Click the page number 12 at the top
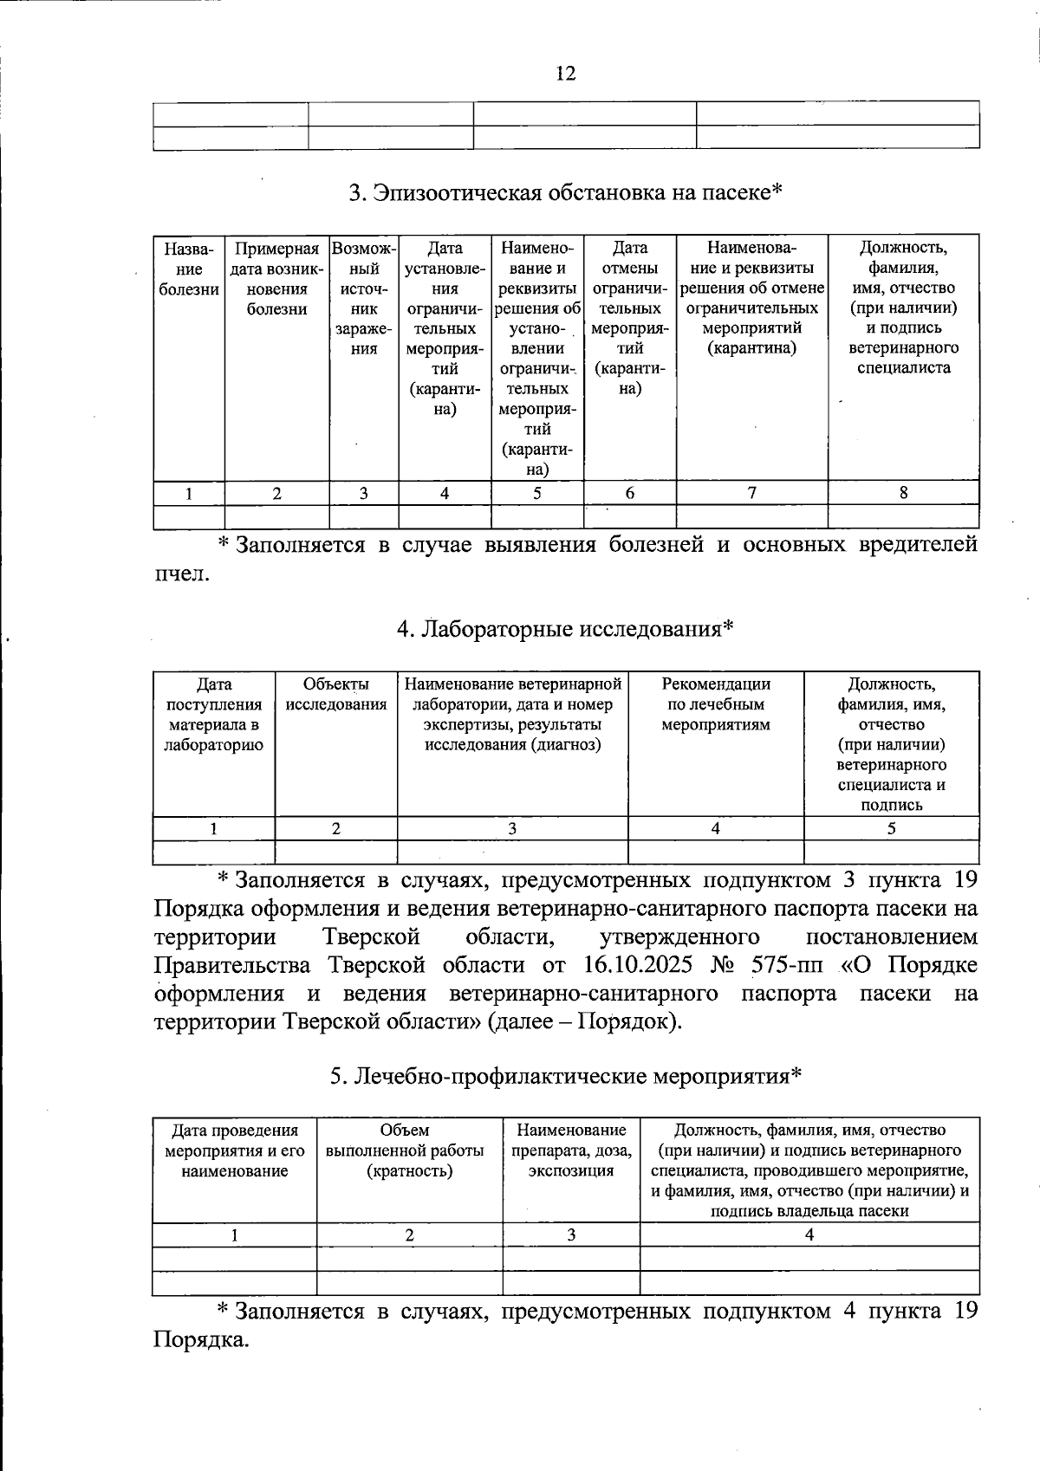coord(565,74)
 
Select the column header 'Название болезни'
coord(189,269)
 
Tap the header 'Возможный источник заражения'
coord(364,298)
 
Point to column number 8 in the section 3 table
coord(903,493)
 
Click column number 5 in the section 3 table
coord(537,493)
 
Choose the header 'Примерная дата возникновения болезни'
coord(276,279)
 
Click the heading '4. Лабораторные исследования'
coord(565,628)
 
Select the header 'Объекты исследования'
coord(336,694)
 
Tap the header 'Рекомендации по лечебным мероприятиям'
coord(716,703)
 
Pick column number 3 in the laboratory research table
coord(512,828)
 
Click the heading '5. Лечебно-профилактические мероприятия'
coord(565,1076)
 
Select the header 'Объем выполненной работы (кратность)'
coord(409,1150)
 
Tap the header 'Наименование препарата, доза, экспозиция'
coord(571,1150)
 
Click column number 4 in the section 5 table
coord(809,1234)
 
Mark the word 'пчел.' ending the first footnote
coord(181,573)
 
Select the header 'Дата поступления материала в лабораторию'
coord(213,714)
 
